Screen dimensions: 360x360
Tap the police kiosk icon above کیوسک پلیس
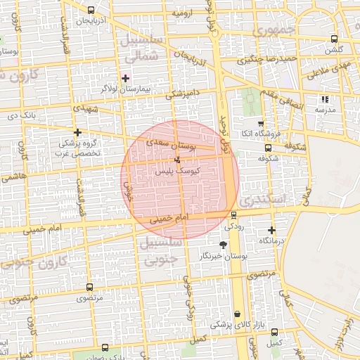coord(176,160)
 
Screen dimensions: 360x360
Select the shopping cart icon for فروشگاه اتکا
coord(260,123)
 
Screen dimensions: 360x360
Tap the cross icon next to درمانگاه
coord(272,230)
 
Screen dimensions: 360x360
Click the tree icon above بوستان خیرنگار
coord(224,245)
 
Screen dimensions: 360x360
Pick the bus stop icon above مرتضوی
coord(89,288)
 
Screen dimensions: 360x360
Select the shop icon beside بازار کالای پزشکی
coord(237,314)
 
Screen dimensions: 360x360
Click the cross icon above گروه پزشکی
coord(77,131)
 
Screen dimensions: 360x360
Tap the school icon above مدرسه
coord(324,99)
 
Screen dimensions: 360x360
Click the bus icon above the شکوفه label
coord(267,148)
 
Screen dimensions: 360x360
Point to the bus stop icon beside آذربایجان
coord(93,10)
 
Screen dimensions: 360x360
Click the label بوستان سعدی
coord(169,146)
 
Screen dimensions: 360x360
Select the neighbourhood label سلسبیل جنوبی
coord(162,251)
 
